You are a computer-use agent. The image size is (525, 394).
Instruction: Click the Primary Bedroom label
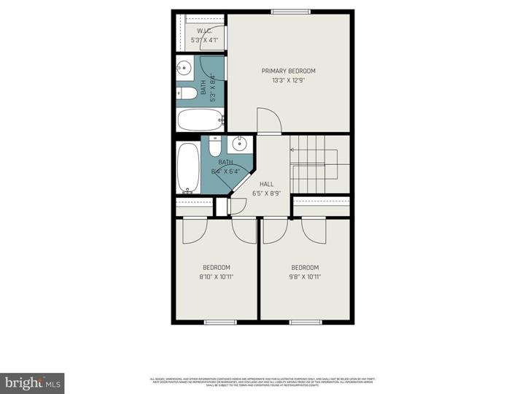tap(289, 71)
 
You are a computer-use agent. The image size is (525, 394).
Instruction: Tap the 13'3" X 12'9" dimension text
tap(289, 81)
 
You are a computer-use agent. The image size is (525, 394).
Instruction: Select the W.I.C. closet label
tap(203, 31)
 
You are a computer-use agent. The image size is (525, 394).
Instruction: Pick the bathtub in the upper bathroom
tap(200, 119)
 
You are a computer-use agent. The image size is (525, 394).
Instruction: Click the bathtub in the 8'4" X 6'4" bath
tap(188, 168)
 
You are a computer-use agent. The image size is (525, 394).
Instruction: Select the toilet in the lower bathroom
tap(214, 146)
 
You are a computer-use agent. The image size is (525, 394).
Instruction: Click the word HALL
tap(267, 184)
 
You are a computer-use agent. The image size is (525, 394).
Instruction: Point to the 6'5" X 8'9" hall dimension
tap(267, 193)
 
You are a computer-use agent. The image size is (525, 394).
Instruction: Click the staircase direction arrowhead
tap(292, 150)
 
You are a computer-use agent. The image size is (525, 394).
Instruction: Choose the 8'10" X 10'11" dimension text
tap(217, 277)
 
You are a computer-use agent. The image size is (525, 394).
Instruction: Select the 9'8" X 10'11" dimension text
tap(305, 277)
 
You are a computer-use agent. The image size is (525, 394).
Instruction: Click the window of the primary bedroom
tap(287, 12)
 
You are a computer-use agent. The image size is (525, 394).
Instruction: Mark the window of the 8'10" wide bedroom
tap(219, 322)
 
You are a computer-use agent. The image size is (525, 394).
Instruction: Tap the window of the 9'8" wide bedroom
tap(306, 322)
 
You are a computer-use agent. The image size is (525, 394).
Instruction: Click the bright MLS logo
tap(32, 383)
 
